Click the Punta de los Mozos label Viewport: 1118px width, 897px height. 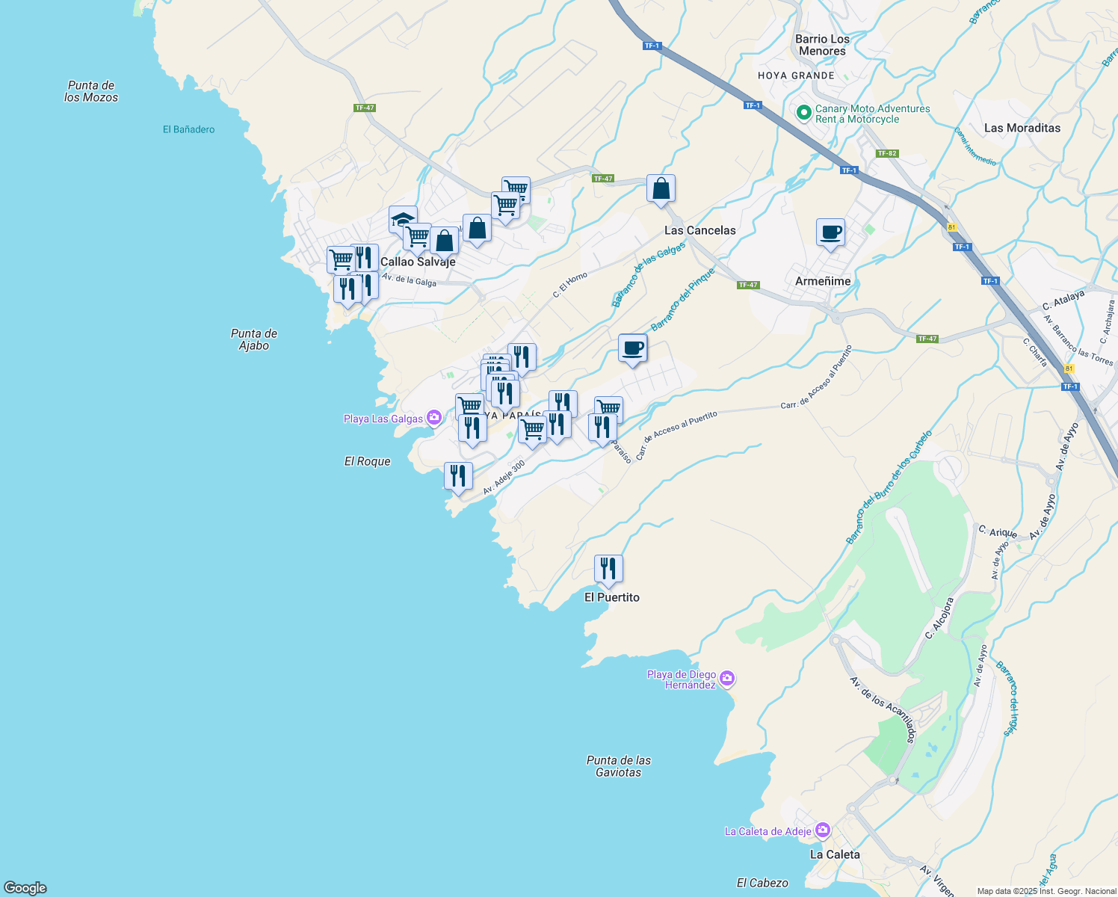[91, 91]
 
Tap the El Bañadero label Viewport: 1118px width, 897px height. [188, 129]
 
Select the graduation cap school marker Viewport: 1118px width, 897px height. [403, 221]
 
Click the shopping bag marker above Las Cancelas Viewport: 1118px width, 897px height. [661, 189]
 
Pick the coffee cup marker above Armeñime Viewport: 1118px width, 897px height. [830, 233]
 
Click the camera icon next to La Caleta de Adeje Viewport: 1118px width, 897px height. [822, 830]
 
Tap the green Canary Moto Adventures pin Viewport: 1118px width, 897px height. [803, 113]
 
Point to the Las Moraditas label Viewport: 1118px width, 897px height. [1022, 128]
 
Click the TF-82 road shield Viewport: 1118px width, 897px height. [887, 153]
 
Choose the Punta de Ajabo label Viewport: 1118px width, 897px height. [254, 339]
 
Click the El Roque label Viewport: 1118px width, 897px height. [367, 461]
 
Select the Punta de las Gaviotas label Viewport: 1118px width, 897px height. [618, 766]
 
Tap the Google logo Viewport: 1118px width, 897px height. [25, 887]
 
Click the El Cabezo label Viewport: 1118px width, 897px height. [762, 883]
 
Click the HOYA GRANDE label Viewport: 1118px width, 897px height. [796, 75]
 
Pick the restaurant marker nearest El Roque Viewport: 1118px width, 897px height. [458, 477]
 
